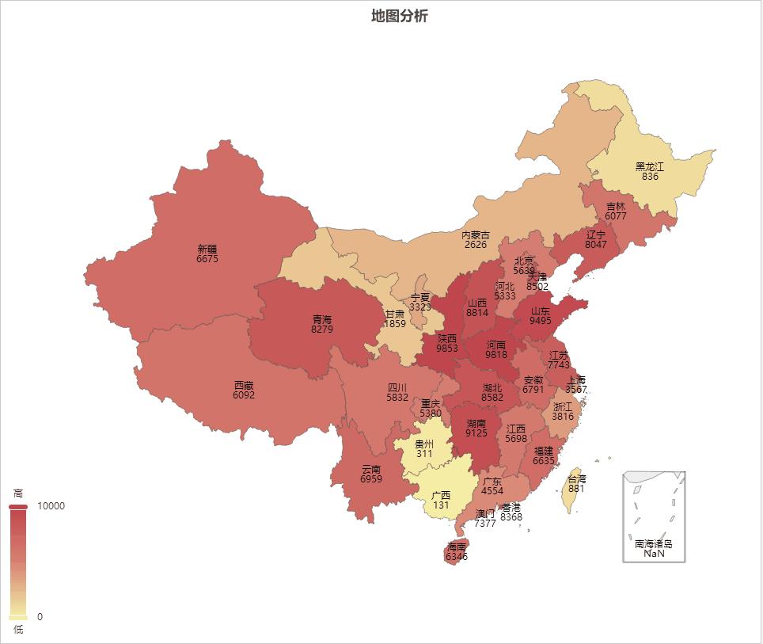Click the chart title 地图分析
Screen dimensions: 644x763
pyautogui.click(x=400, y=16)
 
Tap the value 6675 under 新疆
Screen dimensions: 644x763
pyautogui.click(x=207, y=259)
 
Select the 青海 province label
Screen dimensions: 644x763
pyautogui.click(x=322, y=319)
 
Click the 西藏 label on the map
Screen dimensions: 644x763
pyautogui.click(x=244, y=385)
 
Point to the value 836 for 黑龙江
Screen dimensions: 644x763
pyautogui.click(x=650, y=177)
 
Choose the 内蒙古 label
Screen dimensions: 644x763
pyautogui.click(x=476, y=235)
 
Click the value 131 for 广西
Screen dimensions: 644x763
pyautogui.click(x=441, y=505)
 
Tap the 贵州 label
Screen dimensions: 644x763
pyautogui.click(x=424, y=444)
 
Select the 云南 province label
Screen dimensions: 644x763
pyautogui.click(x=371, y=469)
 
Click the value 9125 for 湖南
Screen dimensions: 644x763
pyautogui.click(x=476, y=433)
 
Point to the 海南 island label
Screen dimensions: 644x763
pyautogui.click(x=457, y=547)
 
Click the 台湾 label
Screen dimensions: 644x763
pyautogui.click(x=576, y=478)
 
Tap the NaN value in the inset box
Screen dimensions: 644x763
pyautogui.click(x=654, y=554)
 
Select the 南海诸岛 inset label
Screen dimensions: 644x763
pyautogui.click(x=654, y=544)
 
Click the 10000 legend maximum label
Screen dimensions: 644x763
pyautogui.click(x=51, y=506)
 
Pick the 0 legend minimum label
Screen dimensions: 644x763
pyautogui.click(x=40, y=617)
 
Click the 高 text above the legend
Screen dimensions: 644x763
pyautogui.click(x=18, y=493)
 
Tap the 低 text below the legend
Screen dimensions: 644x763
pyautogui.click(x=18, y=630)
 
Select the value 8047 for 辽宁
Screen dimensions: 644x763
pyautogui.click(x=596, y=245)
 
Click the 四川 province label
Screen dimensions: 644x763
pyautogui.click(x=397, y=387)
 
